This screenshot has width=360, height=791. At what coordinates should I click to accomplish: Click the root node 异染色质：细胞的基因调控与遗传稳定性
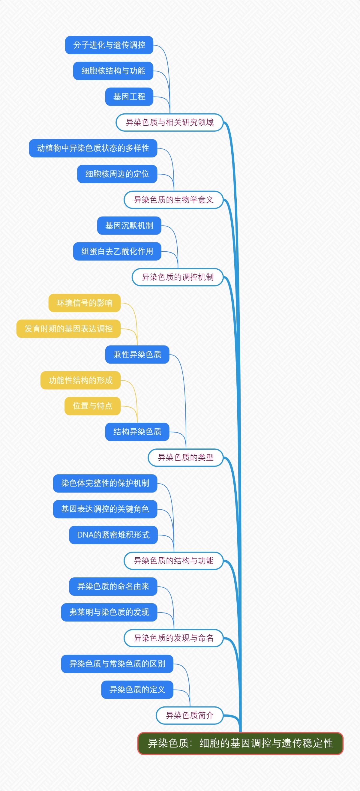click(x=240, y=743)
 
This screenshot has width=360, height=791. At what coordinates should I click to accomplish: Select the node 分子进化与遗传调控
click(x=109, y=45)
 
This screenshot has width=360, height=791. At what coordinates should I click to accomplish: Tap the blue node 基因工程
click(x=129, y=97)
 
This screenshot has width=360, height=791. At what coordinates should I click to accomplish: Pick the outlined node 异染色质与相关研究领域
click(x=169, y=122)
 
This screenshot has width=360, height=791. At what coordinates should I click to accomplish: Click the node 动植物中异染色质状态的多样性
click(x=93, y=148)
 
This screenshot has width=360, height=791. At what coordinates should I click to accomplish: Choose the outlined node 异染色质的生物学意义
click(x=173, y=200)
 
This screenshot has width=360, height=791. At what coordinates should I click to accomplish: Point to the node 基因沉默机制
click(x=129, y=226)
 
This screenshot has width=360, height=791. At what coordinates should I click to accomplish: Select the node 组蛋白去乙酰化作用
click(x=117, y=251)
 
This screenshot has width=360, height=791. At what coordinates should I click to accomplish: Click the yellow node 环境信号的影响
click(x=85, y=303)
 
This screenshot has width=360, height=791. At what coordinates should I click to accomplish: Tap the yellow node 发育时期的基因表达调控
click(x=68, y=329)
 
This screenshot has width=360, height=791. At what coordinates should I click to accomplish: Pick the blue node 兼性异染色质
click(x=137, y=355)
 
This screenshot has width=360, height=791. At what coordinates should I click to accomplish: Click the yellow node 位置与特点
click(x=92, y=406)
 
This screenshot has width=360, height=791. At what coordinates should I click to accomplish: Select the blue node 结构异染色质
click(x=137, y=432)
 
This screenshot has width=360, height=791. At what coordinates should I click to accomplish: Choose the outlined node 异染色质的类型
click(x=185, y=457)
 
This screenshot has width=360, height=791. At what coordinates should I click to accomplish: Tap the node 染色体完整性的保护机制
click(x=105, y=483)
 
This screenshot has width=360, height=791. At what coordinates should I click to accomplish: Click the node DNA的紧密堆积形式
click(x=113, y=535)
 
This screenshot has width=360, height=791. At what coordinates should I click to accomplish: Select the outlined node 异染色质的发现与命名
click(x=173, y=638)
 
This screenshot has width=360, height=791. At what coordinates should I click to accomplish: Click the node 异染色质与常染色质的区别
click(x=117, y=664)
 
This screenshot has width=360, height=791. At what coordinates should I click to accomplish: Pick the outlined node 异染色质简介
click(x=190, y=715)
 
